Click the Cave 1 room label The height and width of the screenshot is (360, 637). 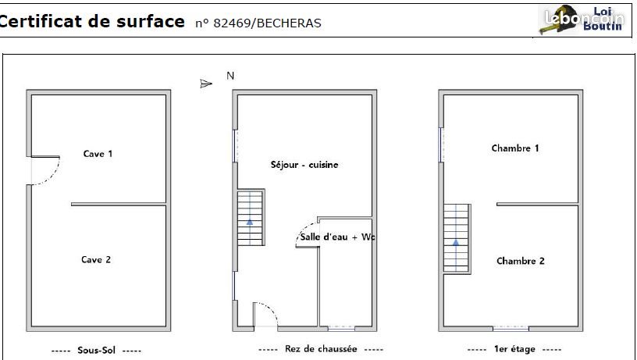click(x=98, y=154)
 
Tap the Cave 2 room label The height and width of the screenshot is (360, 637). click(x=96, y=259)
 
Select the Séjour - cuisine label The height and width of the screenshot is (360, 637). click(x=304, y=165)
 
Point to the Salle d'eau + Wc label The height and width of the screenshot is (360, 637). click(x=337, y=237)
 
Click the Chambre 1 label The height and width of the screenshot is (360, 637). click(x=515, y=148)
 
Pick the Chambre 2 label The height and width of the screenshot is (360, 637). click(x=521, y=261)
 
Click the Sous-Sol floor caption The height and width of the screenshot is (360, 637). click(x=96, y=351)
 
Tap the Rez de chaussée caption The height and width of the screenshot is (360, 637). click(x=321, y=348)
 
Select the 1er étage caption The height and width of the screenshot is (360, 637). click(x=514, y=348)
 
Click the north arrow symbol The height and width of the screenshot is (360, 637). click(x=206, y=84)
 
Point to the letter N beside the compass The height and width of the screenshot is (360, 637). click(x=230, y=76)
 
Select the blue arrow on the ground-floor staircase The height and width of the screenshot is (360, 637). click(x=250, y=222)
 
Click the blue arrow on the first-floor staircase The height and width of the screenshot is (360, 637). click(x=456, y=243)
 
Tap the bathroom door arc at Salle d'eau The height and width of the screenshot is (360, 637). click(x=304, y=230)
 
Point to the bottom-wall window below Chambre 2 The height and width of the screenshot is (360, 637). click(x=511, y=328)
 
